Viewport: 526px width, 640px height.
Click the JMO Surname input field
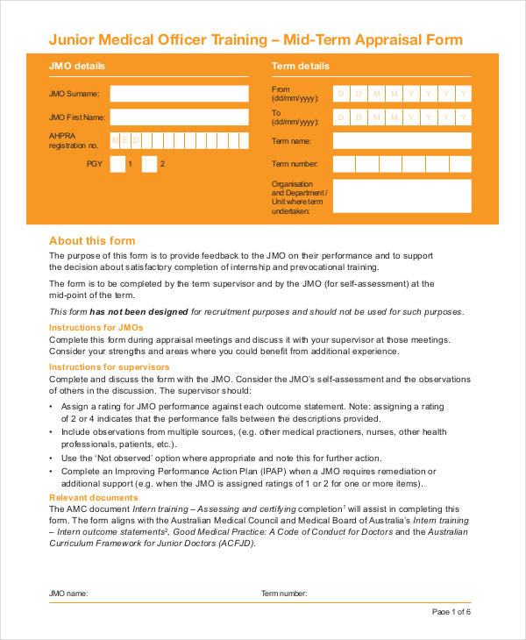pyautogui.click(x=179, y=94)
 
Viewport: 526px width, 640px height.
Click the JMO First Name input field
pyautogui.click(x=179, y=117)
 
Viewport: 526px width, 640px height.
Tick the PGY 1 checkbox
pyautogui.click(x=117, y=164)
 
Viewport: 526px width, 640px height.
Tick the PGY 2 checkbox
pyautogui.click(x=149, y=164)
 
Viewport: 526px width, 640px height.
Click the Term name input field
pyautogui.click(x=402, y=141)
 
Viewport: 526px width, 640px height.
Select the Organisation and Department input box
pyautogui.click(x=402, y=196)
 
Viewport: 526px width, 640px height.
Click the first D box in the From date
pyautogui.click(x=342, y=94)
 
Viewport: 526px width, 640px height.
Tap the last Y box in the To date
pyautogui.click(x=463, y=117)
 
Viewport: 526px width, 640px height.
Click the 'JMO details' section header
pyautogui.click(x=77, y=66)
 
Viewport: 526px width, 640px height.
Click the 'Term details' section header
pyautogui.click(x=301, y=66)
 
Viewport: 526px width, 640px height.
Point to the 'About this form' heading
pyautogui.click(x=92, y=241)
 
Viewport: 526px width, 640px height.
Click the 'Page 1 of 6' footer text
pyautogui.click(x=452, y=611)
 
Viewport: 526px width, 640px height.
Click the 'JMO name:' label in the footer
pyautogui.click(x=68, y=594)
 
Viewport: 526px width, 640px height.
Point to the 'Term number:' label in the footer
pyautogui.click(x=284, y=594)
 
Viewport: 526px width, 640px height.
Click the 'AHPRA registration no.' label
pyautogui.click(x=74, y=140)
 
